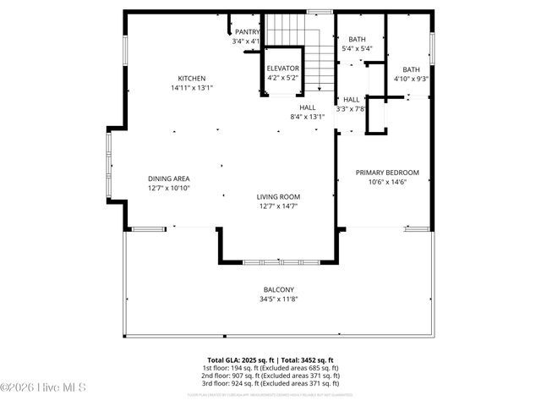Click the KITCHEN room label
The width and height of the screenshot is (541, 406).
tap(191, 78)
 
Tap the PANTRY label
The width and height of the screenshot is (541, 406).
tap(247, 31)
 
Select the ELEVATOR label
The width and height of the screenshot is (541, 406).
tap(282, 68)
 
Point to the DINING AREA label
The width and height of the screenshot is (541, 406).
tap(169, 178)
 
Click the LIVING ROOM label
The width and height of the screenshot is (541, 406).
tap(279, 196)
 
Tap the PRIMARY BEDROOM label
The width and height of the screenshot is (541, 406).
tap(387, 173)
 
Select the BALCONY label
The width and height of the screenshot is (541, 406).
tap(279, 289)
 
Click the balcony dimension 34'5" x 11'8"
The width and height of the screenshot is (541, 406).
tap(279, 299)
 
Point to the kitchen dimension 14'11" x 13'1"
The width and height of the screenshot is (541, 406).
tap(191, 87)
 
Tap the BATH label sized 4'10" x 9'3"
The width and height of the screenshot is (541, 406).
tap(411, 69)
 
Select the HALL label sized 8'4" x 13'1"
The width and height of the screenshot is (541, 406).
tap(307, 107)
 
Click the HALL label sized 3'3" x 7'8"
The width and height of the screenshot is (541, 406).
tap(351, 99)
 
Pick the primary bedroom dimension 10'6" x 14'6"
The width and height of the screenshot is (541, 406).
tap(387, 182)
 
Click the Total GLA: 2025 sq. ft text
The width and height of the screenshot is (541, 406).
tap(241, 360)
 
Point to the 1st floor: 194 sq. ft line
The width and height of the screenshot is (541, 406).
tap(270, 369)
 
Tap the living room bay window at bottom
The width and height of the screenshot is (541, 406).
tap(279, 262)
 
